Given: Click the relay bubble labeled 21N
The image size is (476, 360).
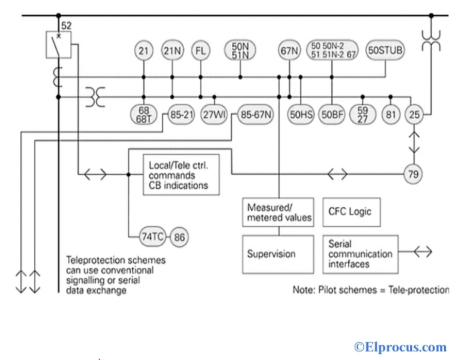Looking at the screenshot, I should [x=172, y=51].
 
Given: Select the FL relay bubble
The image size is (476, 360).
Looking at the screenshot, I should [x=201, y=51].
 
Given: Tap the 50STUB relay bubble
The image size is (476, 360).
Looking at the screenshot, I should [x=386, y=51].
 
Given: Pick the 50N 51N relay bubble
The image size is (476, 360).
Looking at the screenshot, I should [x=240, y=51].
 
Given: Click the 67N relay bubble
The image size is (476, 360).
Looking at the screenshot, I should [x=289, y=51].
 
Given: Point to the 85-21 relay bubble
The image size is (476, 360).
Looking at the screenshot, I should [x=181, y=114].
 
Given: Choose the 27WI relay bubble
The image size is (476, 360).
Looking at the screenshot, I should [x=215, y=114].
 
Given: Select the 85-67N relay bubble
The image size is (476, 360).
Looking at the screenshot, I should [x=256, y=114].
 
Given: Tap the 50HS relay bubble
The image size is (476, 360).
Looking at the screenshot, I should [x=301, y=114].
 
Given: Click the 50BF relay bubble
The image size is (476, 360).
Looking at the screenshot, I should [x=332, y=114].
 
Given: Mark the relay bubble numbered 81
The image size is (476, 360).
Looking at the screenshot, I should [x=391, y=114].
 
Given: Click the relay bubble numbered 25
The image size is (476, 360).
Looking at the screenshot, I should [x=415, y=114].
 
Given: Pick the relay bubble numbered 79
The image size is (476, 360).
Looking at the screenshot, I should [x=415, y=175].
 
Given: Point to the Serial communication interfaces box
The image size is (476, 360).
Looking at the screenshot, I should [x=361, y=254].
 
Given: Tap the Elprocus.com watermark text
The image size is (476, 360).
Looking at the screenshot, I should [x=400, y=347].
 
